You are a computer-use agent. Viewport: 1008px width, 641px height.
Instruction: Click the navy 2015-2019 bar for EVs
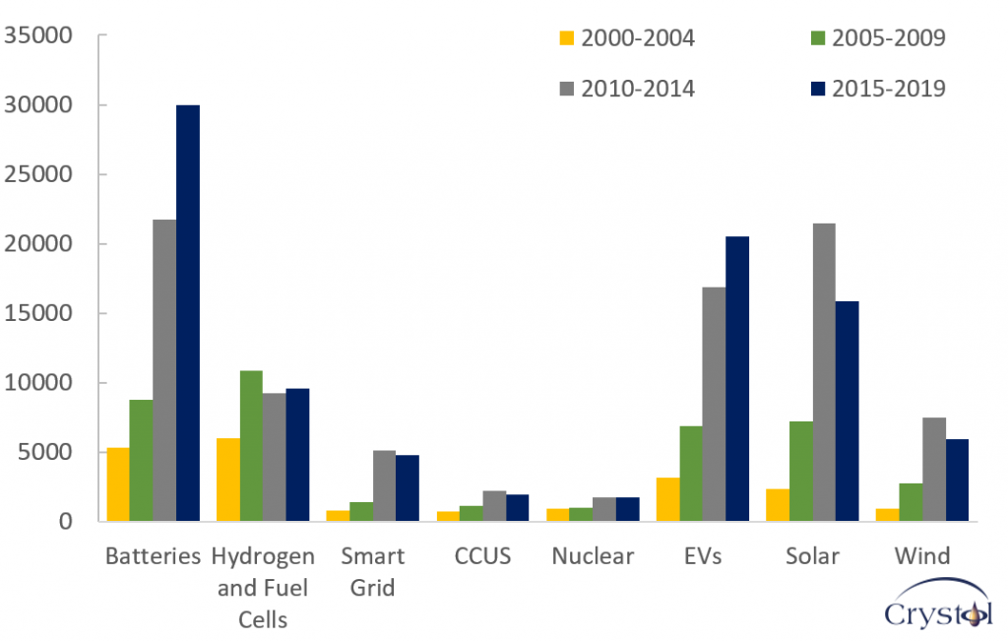pyautogui.click(x=737, y=379)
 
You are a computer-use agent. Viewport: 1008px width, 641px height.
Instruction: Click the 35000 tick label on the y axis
pyautogui.click(x=39, y=36)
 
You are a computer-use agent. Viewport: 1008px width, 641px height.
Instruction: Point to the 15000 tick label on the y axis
pyautogui.click(x=39, y=314)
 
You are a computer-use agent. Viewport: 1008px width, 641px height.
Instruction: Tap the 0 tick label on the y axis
pyautogui.click(x=65, y=522)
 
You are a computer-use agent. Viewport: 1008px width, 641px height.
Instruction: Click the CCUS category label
pyautogui.click(x=482, y=556)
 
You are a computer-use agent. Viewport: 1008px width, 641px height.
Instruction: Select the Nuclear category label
pyautogui.click(x=593, y=556)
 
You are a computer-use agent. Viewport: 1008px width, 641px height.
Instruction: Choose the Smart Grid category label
pyautogui.click(x=372, y=572)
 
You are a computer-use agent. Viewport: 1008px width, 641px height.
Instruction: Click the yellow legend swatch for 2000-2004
pyautogui.click(x=566, y=38)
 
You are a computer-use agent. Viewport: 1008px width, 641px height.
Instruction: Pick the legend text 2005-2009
pyautogui.click(x=888, y=38)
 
